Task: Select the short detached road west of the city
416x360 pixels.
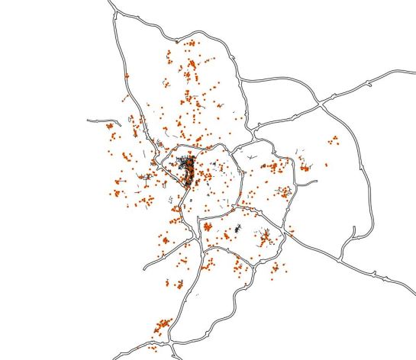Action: point(97,121)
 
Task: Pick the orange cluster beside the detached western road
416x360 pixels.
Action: point(110,126)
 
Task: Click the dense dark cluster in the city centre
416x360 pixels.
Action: point(186,169)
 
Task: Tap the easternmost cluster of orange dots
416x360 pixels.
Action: point(334,140)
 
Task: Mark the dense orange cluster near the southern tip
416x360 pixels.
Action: point(161,326)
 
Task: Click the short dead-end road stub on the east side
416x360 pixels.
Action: point(313,182)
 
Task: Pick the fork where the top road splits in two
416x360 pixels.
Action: point(117,16)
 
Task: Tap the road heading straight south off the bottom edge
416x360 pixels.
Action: point(178,358)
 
